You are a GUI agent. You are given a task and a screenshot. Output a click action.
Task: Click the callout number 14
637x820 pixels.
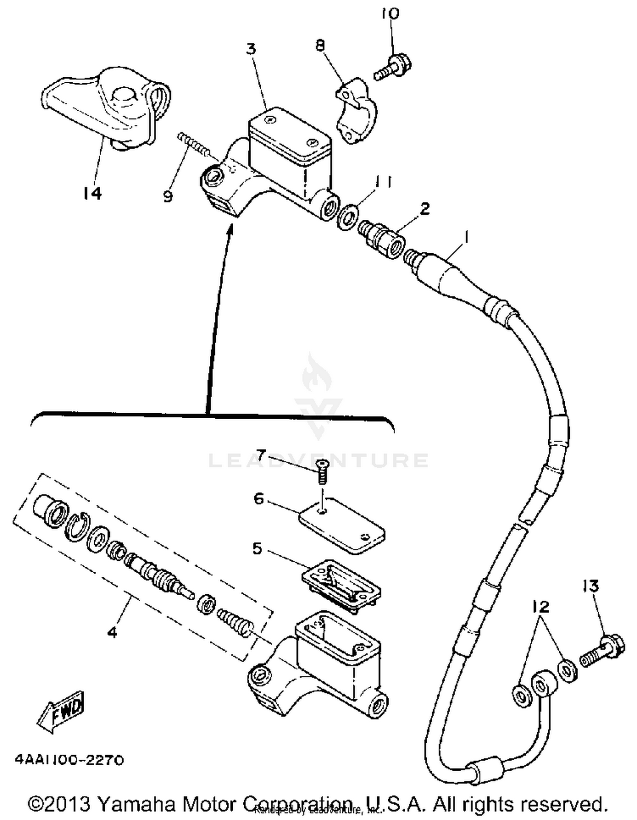[93, 193]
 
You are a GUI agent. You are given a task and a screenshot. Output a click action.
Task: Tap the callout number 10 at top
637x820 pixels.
[390, 14]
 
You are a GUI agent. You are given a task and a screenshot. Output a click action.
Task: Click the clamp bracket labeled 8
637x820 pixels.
[356, 110]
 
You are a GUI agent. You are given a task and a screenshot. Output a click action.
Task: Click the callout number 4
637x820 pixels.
[112, 632]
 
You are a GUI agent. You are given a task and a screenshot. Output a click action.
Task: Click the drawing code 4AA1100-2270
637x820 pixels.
[69, 760]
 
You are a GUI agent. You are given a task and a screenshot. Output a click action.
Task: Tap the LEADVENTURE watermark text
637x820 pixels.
[318, 460]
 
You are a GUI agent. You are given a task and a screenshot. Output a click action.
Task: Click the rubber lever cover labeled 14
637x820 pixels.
[106, 106]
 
